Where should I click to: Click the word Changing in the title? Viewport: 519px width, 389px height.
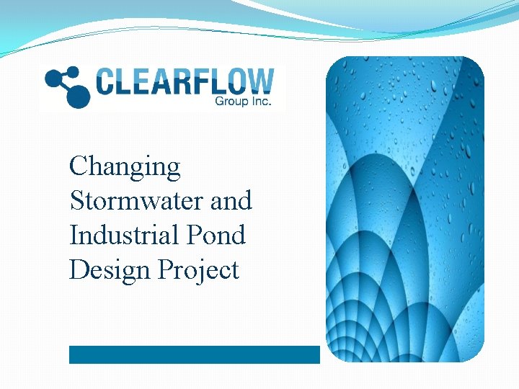click(x=124, y=168)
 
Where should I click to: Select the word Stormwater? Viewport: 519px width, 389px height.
click(x=136, y=200)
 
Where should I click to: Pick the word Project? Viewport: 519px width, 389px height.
click(x=198, y=271)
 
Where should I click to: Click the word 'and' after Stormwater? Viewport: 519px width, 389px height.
click(x=231, y=200)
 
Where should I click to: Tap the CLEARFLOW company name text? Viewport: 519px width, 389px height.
click(x=185, y=81)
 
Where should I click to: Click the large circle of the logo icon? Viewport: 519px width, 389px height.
click(x=79, y=97)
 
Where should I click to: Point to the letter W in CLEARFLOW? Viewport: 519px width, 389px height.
click(x=260, y=81)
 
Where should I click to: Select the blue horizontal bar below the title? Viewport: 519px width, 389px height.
click(x=194, y=354)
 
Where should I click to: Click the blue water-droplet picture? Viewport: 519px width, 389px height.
click(x=405, y=209)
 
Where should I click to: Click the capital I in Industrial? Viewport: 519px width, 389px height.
click(x=74, y=235)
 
